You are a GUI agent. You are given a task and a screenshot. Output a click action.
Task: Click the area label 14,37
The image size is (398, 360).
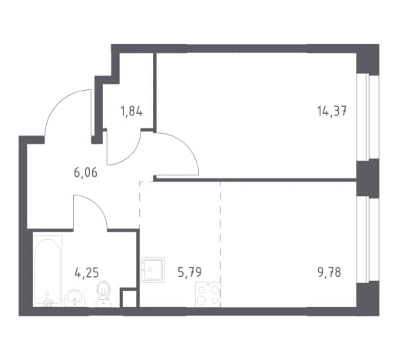[332, 112]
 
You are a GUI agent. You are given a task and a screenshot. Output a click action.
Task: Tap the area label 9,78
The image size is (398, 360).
[329, 272]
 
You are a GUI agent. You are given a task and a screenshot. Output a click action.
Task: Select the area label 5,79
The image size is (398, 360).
[190, 272]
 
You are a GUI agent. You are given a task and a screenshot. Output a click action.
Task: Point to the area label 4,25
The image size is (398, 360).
[87, 272]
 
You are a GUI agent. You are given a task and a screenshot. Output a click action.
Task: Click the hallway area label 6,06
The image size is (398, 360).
[85, 172]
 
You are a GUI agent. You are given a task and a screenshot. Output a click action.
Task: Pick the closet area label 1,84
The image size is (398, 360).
[131, 112]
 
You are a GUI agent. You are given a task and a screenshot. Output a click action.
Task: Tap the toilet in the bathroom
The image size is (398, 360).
[104, 295]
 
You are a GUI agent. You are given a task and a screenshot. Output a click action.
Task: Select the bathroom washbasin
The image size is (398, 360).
[75, 298]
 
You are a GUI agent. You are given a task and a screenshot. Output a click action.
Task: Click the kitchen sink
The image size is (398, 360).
[153, 270]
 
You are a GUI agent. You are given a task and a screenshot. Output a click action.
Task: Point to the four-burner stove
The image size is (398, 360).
[207, 295]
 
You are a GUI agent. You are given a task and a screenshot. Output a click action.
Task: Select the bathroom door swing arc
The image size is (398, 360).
[97, 205]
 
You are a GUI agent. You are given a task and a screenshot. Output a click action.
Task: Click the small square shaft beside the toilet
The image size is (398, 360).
[129, 298]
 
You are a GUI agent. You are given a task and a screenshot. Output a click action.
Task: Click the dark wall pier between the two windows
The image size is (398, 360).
[368, 178]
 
